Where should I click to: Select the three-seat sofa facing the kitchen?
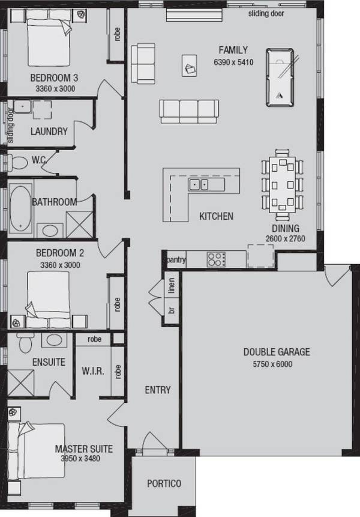188,110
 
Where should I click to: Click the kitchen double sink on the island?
198,184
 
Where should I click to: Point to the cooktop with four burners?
216,259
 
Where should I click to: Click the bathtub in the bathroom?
22,208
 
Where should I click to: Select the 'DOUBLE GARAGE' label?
277,352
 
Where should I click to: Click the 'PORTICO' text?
164,483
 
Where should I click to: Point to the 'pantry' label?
176,259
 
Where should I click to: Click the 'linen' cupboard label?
172,285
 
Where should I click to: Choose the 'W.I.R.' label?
93,371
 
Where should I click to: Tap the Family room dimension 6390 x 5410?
233,62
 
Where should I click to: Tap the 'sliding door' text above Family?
266,13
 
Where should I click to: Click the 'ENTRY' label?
158,390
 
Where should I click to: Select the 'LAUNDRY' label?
49,132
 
